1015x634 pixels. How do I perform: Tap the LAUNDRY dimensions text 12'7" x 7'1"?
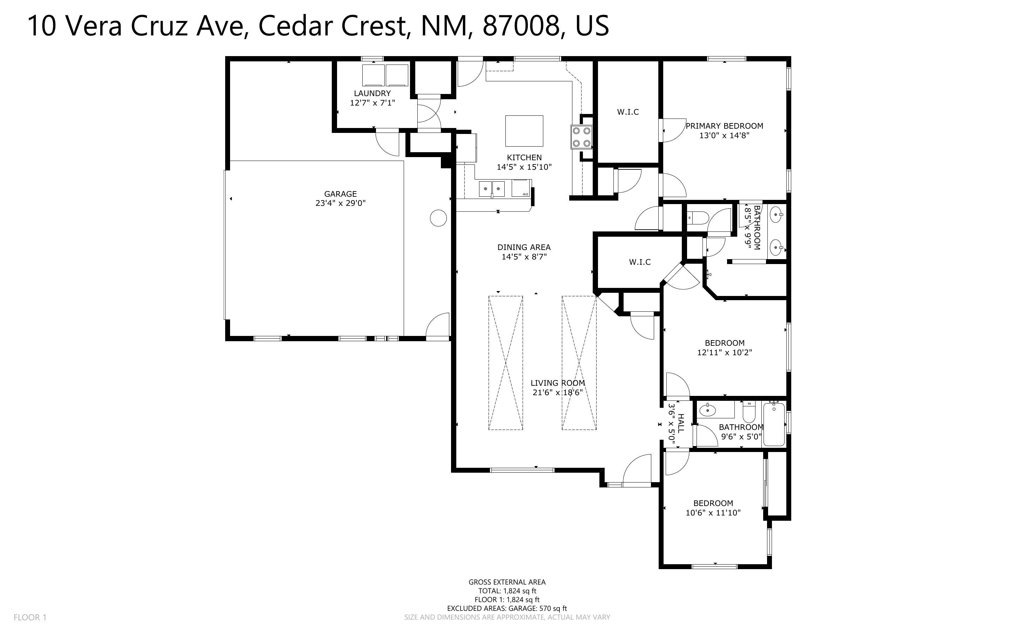[x=372, y=103]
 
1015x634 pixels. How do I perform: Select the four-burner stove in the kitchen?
[x=582, y=137]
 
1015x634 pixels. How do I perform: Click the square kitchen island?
[x=524, y=131]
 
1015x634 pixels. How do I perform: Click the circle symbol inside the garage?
[x=438, y=218]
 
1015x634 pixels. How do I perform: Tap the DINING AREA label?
[x=524, y=248]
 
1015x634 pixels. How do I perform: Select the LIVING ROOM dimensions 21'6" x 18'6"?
[x=558, y=393]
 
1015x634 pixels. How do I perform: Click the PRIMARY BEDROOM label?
[x=724, y=126]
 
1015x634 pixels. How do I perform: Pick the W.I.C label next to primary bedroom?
[x=627, y=112]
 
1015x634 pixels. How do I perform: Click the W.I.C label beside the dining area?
[x=639, y=262]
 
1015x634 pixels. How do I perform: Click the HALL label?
[x=680, y=424]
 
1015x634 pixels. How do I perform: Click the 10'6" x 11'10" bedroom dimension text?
[x=713, y=513]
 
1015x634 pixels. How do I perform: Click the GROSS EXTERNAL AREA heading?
[x=507, y=582]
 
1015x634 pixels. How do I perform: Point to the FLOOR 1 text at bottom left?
[x=30, y=617]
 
